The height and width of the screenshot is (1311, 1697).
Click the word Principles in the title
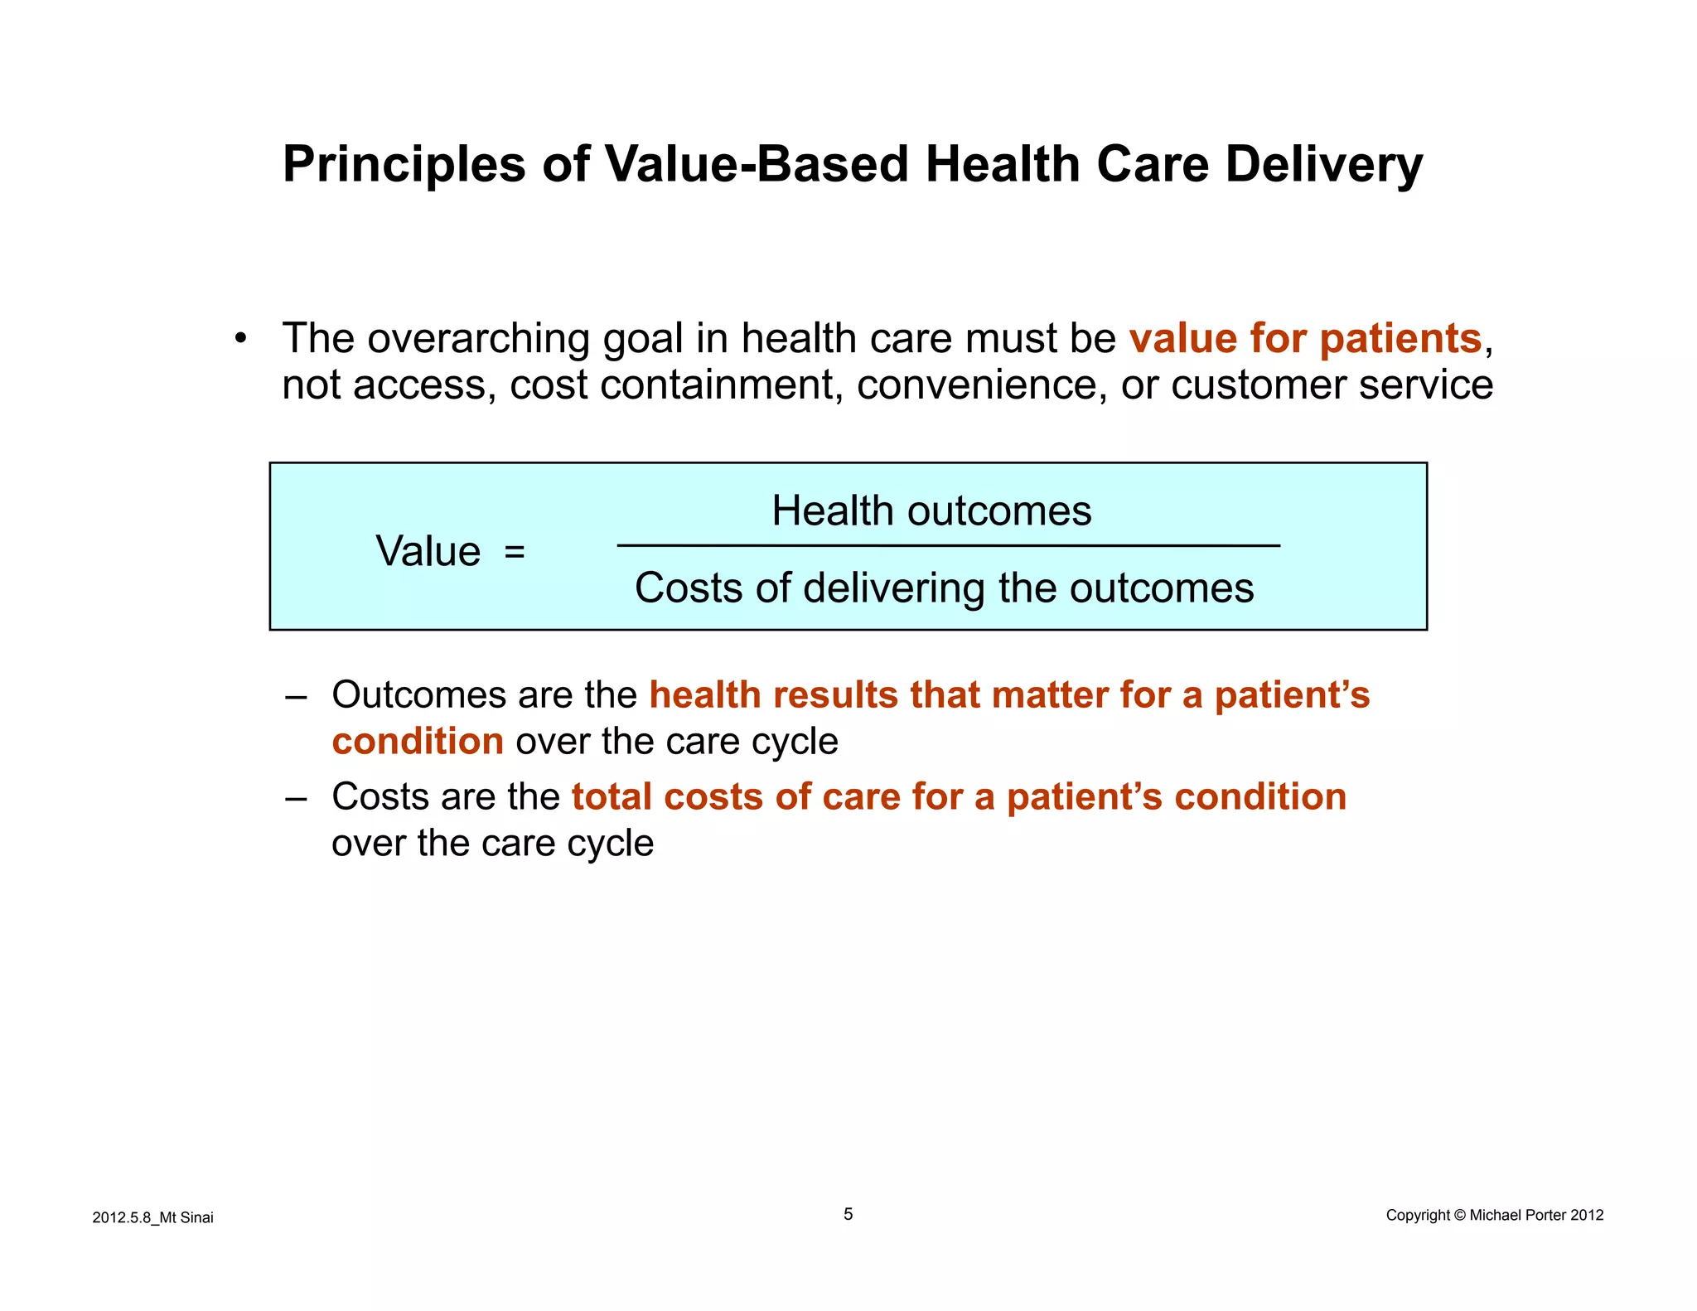click(404, 164)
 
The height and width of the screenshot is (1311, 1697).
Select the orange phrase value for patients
click(1305, 338)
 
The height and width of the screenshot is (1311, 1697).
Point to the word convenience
click(980, 385)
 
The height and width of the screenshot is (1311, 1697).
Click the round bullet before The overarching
click(241, 338)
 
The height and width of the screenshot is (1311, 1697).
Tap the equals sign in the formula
click(515, 551)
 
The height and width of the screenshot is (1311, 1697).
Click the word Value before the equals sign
click(428, 551)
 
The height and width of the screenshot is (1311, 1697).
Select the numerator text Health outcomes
click(931, 510)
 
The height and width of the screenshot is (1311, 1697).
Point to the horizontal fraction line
click(948, 546)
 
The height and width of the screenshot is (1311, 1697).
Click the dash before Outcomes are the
click(295, 697)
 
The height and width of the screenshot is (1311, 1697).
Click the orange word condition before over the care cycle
click(418, 741)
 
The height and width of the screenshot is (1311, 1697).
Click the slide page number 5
click(848, 1214)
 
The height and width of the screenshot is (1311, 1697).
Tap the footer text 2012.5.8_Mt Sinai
click(152, 1217)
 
